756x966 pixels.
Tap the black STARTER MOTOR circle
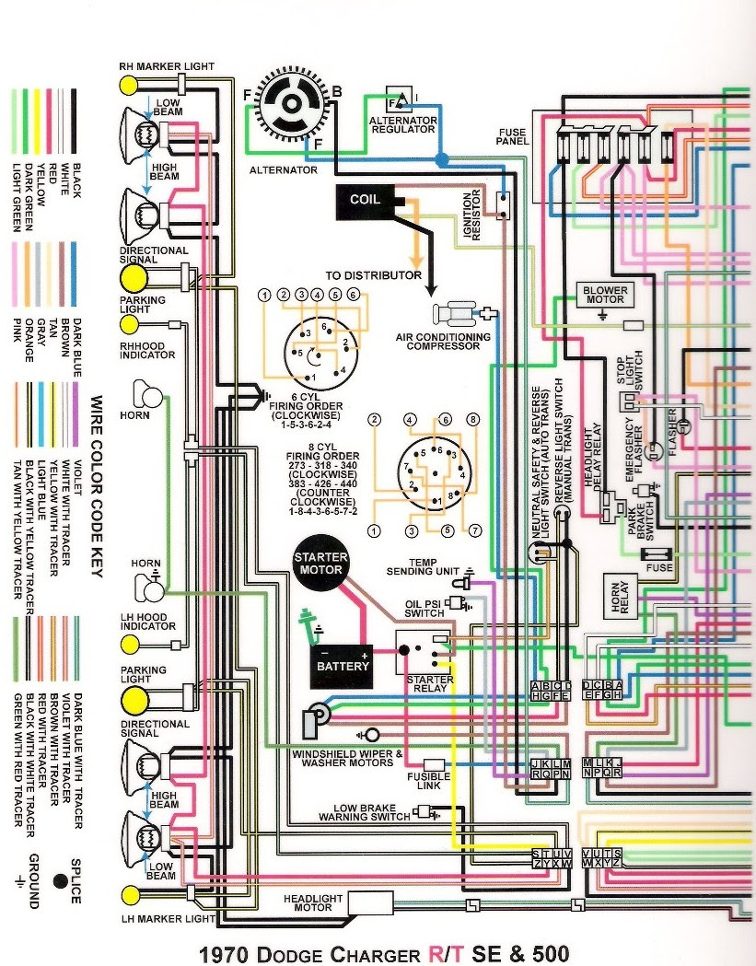coord(320,564)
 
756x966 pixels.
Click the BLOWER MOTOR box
coord(604,295)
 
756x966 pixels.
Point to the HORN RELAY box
coord(616,595)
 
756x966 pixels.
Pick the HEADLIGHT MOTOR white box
coord(371,903)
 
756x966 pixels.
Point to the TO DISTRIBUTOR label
coord(373,275)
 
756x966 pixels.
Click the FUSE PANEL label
coord(512,137)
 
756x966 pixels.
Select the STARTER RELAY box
coord(425,652)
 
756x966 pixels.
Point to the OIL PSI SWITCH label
coord(425,610)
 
